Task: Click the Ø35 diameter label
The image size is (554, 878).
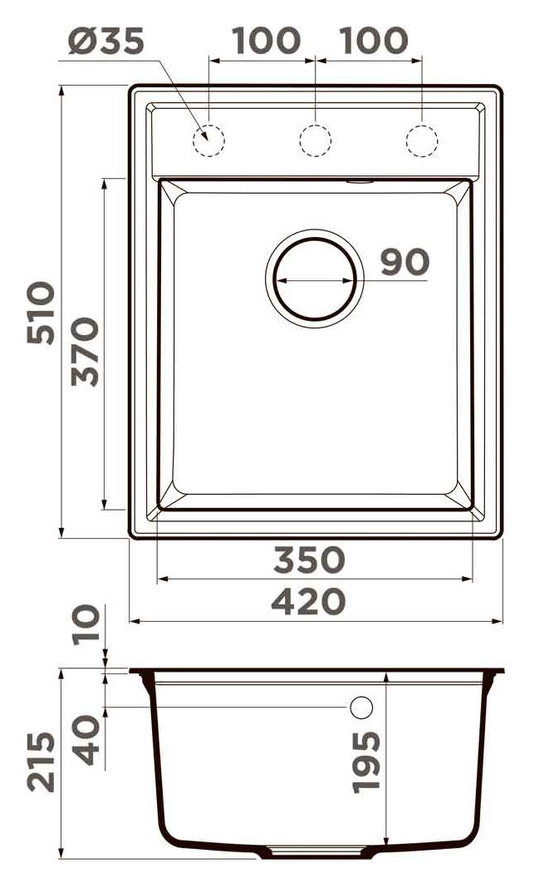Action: pyautogui.click(x=106, y=42)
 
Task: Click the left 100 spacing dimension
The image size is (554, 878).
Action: pyautogui.click(x=266, y=41)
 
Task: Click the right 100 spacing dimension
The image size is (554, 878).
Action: pyautogui.click(x=374, y=41)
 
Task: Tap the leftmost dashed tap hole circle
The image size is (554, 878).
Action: pyautogui.click(x=208, y=140)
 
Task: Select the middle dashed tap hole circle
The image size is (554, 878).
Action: pyautogui.click(x=315, y=140)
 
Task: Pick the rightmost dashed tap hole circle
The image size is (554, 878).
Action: pyautogui.click(x=421, y=140)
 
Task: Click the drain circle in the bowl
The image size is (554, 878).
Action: pyautogui.click(x=315, y=239)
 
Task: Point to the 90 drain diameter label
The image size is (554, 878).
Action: pyautogui.click(x=405, y=262)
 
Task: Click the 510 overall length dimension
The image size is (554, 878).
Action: pyautogui.click(x=42, y=313)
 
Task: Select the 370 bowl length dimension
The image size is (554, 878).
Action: pyautogui.click(x=85, y=352)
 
